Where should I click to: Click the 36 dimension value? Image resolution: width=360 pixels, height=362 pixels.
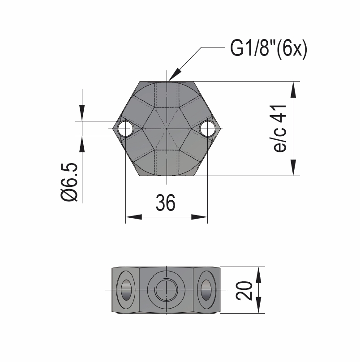tap(166, 203)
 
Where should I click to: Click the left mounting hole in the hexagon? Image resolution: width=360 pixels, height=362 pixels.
tap(125, 129)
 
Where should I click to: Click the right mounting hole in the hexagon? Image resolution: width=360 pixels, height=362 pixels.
tap(208, 129)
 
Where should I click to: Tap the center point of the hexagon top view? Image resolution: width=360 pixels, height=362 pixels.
tap(166, 129)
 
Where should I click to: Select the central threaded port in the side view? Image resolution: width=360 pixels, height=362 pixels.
tap(166, 290)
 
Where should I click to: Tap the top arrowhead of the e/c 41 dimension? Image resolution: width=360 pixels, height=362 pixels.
tap(293, 89)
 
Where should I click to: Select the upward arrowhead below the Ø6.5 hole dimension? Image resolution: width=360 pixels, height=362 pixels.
tap(82, 143)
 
